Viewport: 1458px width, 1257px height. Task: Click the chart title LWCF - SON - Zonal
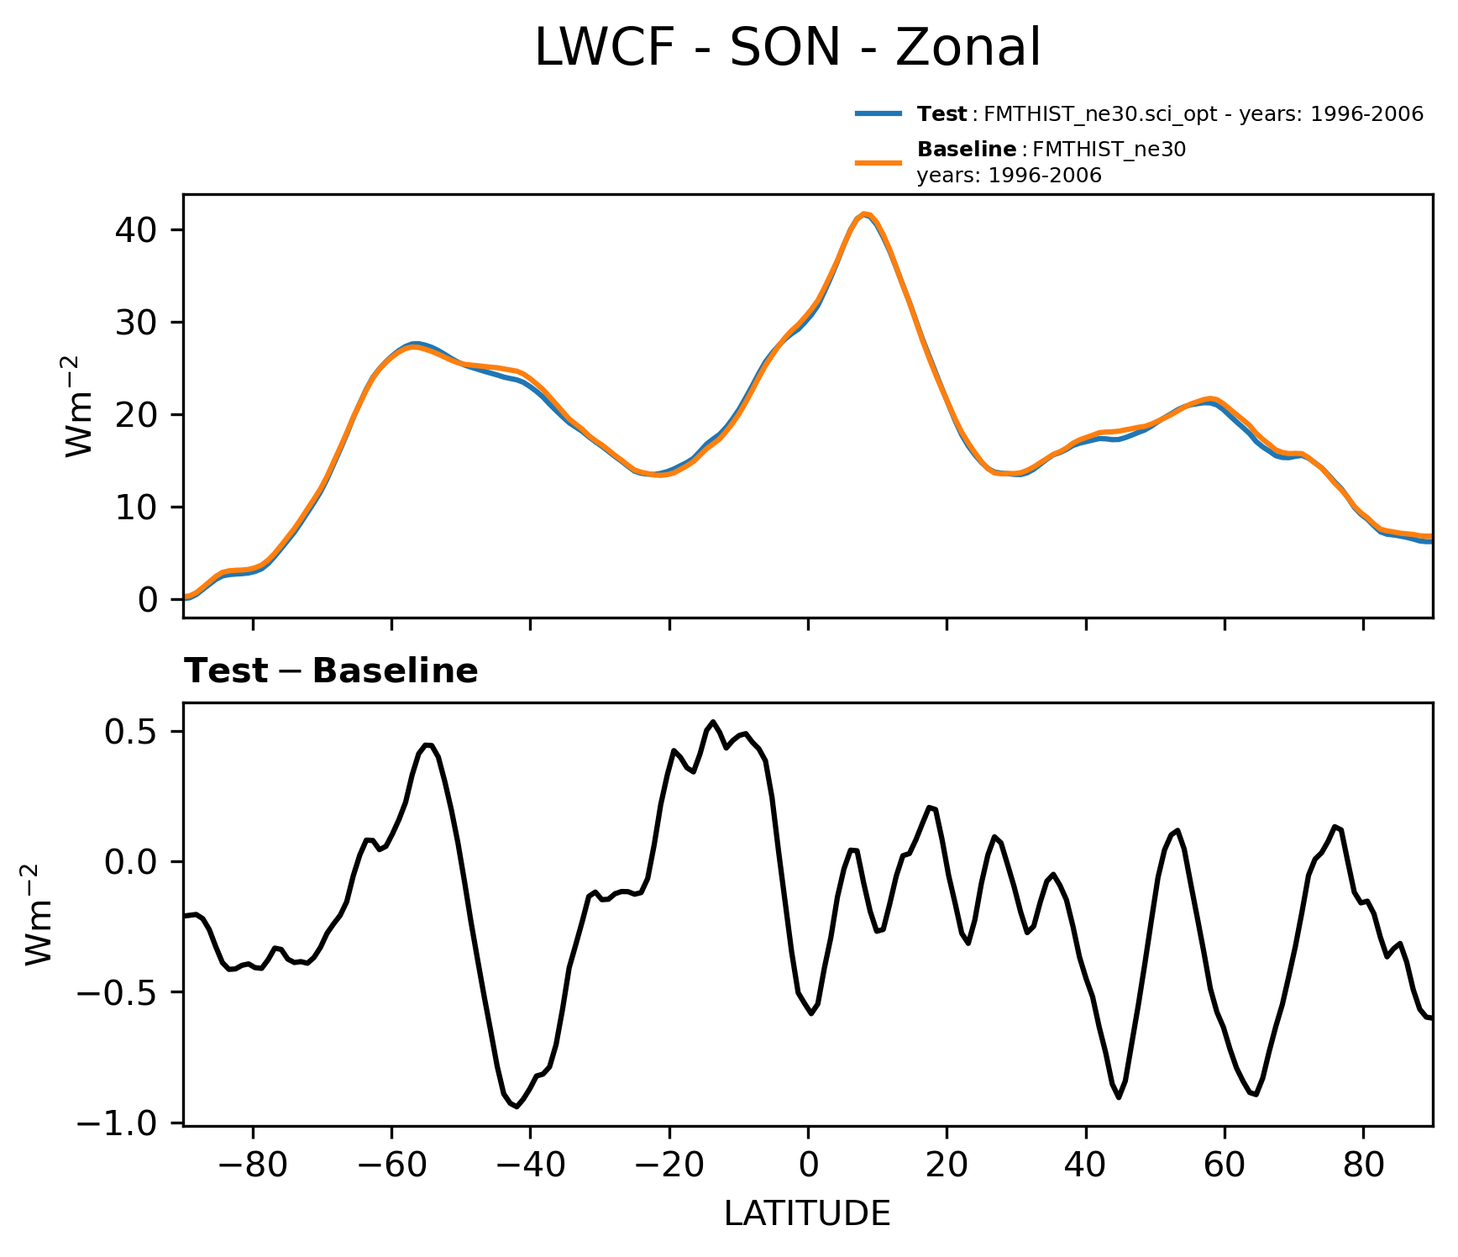787,48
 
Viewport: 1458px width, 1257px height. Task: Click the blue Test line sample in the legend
878,113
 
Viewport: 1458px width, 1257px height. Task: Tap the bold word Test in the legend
942,114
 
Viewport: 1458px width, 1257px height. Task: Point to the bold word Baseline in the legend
966,150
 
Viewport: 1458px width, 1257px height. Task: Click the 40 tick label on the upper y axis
136,230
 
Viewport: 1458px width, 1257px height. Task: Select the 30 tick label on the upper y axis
136,323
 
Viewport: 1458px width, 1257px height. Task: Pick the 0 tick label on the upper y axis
148,600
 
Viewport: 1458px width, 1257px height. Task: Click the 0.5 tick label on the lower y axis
130,732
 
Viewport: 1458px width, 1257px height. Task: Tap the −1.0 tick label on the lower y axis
118,1123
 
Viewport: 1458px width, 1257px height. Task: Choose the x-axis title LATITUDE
807,1213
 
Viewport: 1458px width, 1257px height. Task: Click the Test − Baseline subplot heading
331,671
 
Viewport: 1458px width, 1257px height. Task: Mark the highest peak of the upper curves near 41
864,214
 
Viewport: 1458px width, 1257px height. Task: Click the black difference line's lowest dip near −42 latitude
517,1107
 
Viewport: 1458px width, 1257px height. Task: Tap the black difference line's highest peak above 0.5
713,722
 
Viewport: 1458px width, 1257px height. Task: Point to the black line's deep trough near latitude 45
1119,1097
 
